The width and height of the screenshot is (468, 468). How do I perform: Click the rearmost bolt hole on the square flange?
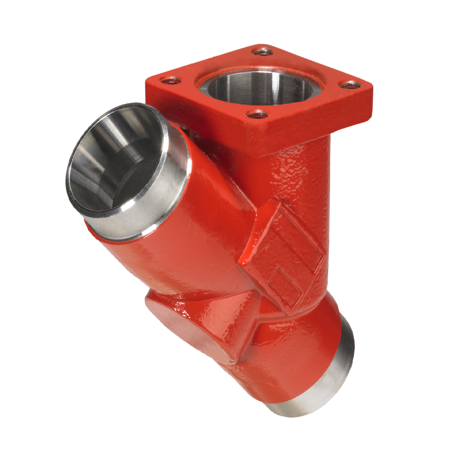point(263,52)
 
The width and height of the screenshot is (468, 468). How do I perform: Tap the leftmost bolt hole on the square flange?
point(170,80)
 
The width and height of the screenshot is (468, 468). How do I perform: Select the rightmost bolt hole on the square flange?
point(349,84)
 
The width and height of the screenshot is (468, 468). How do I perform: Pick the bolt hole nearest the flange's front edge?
point(257,114)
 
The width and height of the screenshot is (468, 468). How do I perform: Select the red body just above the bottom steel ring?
point(295,360)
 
